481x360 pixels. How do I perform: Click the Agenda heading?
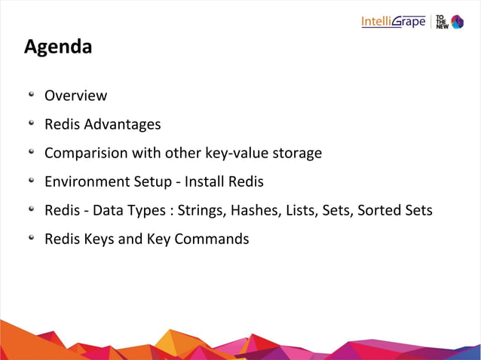coord(58,47)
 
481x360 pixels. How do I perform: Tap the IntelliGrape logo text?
coord(394,21)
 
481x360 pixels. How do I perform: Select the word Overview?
coord(75,96)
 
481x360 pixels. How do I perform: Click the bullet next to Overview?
coord(32,95)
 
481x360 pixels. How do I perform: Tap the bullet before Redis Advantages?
coord(32,124)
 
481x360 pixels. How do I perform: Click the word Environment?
coord(87,182)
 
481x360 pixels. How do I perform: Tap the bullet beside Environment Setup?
coord(32,181)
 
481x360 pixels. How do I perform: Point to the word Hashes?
coord(256,210)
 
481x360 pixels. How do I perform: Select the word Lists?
coord(301,210)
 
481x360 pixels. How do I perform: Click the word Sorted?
coord(383,210)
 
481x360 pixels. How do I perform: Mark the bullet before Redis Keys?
coord(32,238)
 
